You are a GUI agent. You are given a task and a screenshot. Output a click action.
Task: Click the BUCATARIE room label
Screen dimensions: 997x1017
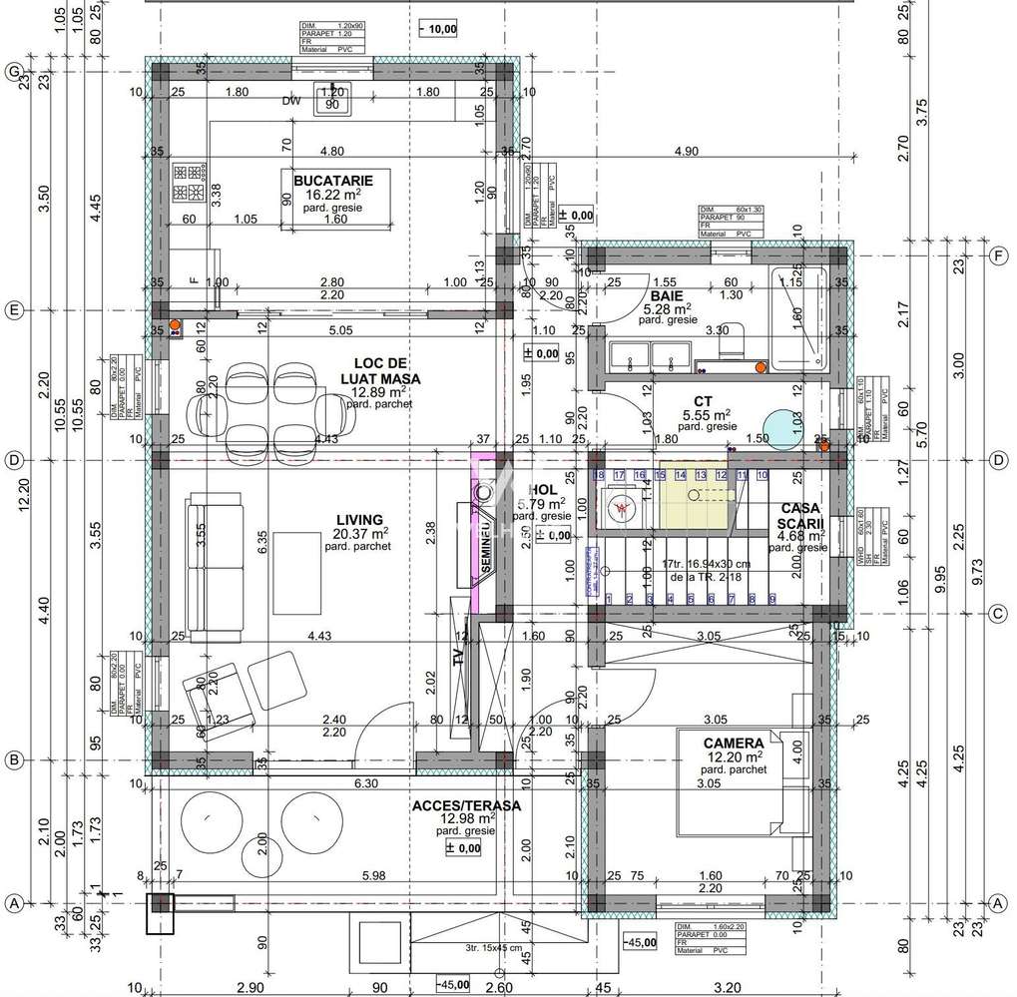click(332, 180)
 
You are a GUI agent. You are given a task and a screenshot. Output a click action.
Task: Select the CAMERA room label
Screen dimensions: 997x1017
click(734, 743)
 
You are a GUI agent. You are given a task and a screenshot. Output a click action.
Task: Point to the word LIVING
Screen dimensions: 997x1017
click(359, 519)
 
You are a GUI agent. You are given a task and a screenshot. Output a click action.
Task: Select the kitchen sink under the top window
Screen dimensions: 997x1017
click(330, 101)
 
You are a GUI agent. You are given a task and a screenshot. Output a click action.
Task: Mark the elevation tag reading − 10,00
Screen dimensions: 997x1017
click(439, 29)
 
